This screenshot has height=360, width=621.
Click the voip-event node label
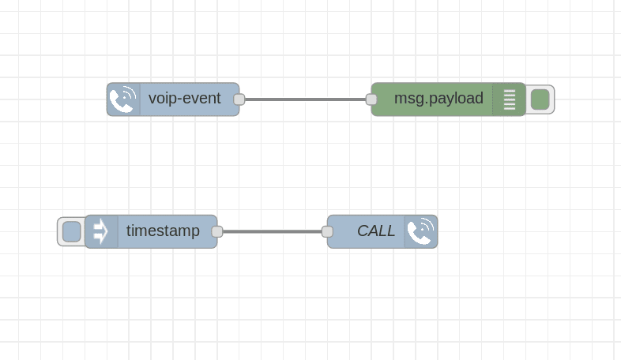185,99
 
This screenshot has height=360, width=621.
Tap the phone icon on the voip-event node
123,99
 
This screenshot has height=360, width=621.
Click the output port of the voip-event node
239,99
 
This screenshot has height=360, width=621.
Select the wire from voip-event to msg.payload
305,99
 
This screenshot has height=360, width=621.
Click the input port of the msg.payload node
371,99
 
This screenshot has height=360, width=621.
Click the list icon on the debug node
509,99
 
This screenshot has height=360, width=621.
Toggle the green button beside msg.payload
540,99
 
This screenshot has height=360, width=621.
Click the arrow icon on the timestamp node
101,231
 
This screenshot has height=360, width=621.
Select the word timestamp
163,231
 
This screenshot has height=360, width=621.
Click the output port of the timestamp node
217,231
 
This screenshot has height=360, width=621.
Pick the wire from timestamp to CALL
272,231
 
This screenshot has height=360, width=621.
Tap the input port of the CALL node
327,231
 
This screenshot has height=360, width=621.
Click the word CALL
376,231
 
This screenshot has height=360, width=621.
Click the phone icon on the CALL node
420,231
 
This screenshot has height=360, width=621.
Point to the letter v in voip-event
152,99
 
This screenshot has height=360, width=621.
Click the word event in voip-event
202,99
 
